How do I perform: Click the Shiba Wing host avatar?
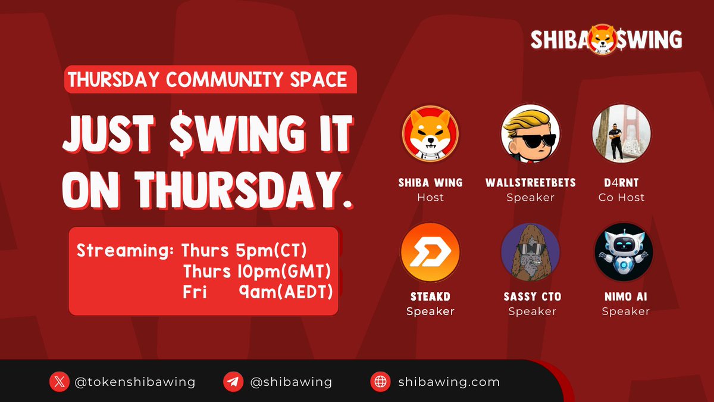click(x=430, y=135)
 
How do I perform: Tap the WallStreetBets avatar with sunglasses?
click(x=530, y=135)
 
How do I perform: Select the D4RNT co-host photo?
click(x=622, y=135)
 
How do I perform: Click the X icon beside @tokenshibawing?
click(x=58, y=382)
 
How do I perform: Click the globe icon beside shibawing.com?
click(x=380, y=382)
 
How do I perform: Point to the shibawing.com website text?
click(x=449, y=382)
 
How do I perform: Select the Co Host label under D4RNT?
click(x=621, y=197)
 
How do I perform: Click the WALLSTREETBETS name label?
click(x=530, y=182)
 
